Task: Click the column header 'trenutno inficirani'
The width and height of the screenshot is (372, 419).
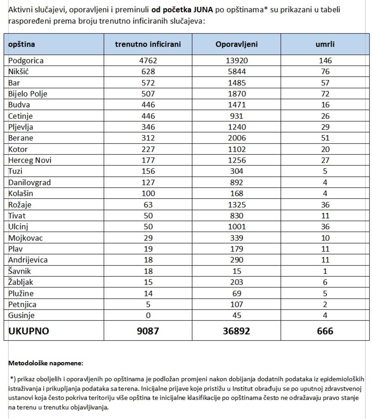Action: pos(148,44)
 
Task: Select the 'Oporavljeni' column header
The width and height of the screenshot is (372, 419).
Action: pos(236,44)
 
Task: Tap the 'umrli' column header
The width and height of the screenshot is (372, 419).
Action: pos(325,44)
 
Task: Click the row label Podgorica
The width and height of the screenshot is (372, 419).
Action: pos(26,61)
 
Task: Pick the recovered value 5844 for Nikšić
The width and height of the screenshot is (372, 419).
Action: pos(236,71)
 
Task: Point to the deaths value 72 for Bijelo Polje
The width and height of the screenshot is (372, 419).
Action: pos(325,94)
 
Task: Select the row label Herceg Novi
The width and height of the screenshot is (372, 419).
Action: pos(30,160)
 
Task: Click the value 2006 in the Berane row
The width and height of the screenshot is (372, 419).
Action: pos(236,138)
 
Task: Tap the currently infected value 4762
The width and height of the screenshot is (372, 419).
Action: pos(148,61)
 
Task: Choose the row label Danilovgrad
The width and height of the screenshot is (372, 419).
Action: pos(29,182)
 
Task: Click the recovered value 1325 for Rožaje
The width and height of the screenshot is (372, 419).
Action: pos(236,205)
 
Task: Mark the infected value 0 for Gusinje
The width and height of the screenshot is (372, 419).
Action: pos(148,316)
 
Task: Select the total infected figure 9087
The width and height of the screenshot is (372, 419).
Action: pos(148,331)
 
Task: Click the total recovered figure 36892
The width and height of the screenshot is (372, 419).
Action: pos(236,331)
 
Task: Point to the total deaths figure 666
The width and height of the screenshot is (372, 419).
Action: pos(325,331)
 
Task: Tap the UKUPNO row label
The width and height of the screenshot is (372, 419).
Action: pos(29,331)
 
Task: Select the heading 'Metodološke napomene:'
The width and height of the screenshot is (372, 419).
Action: pos(46,363)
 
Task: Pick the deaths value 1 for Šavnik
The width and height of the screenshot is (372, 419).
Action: pos(325,271)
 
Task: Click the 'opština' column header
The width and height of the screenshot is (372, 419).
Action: pos(22,44)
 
